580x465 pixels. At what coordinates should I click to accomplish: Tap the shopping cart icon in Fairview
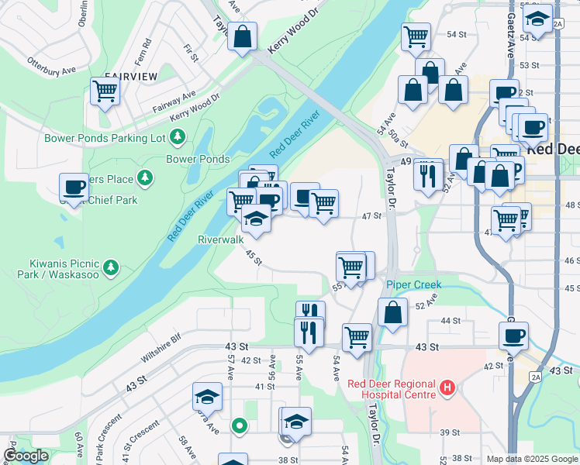[105, 91]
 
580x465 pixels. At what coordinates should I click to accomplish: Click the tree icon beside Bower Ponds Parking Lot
[179, 137]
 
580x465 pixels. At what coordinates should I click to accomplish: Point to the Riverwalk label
[220, 240]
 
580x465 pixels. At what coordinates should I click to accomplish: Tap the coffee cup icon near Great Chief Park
[74, 188]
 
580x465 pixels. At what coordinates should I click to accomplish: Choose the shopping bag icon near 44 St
[393, 313]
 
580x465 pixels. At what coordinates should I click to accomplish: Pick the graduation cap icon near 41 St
[208, 398]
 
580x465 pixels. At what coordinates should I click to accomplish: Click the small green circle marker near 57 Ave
[240, 425]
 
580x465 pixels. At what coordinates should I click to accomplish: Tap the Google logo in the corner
[25, 456]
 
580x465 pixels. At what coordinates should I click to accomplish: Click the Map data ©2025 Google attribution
[532, 459]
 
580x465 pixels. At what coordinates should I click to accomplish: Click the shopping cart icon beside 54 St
[416, 36]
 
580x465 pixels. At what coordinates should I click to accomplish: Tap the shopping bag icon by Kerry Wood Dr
[242, 36]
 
